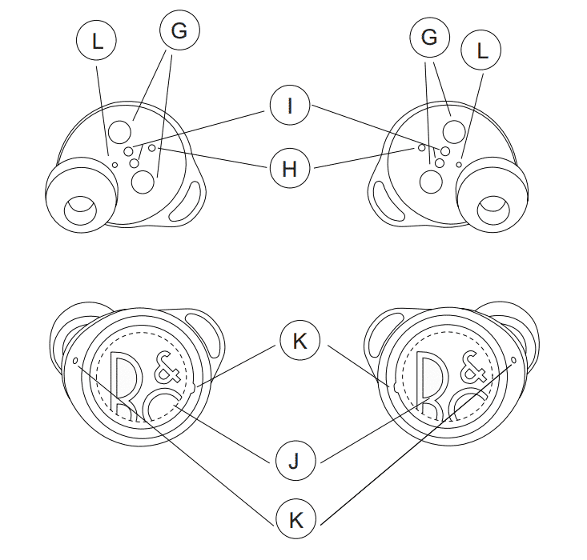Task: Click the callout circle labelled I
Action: [x=290, y=106]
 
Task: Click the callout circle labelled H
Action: [x=290, y=168]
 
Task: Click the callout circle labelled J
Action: [x=296, y=460]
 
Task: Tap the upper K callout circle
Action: [x=300, y=341]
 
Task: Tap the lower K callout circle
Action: [x=296, y=519]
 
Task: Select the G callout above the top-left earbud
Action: [x=179, y=30]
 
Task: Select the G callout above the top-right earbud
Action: [x=429, y=37]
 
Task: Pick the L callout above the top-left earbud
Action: [x=96, y=40]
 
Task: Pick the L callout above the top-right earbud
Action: [x=481, y=50]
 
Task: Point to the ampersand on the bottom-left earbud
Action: [x=167, y=367]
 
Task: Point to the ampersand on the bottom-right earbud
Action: [x=473, y=367]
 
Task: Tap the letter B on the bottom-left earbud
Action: [x=127, y=386]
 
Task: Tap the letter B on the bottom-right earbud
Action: [x=432, y=386]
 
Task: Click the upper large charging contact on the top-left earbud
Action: [x=120, y=132]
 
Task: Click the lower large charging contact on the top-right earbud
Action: [x=432, y=182]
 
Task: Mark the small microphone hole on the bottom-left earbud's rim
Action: [x=75, y=361]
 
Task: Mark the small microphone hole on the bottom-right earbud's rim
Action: [x=513, y=360]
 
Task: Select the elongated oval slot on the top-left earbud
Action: [x=186, y=202]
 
